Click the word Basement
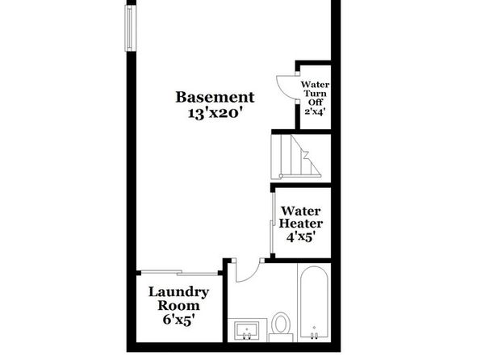(215, 98)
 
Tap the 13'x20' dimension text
(217, 114)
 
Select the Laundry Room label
(178, 299)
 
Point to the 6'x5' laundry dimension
(179, 320)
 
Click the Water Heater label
(300, 217)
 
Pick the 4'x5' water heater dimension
(301, 237)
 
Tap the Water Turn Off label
(315, 94)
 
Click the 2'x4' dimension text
(315, 111)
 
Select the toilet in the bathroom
(281, 327)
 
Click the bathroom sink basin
(247, 330)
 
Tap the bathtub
(314, 303)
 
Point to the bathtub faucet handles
(314, 336)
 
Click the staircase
(296, 157)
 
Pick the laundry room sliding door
(179, 272)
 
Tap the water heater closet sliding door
(272, 223)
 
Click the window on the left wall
(130, 28)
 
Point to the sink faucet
(247, 336)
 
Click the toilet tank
(281, 338)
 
